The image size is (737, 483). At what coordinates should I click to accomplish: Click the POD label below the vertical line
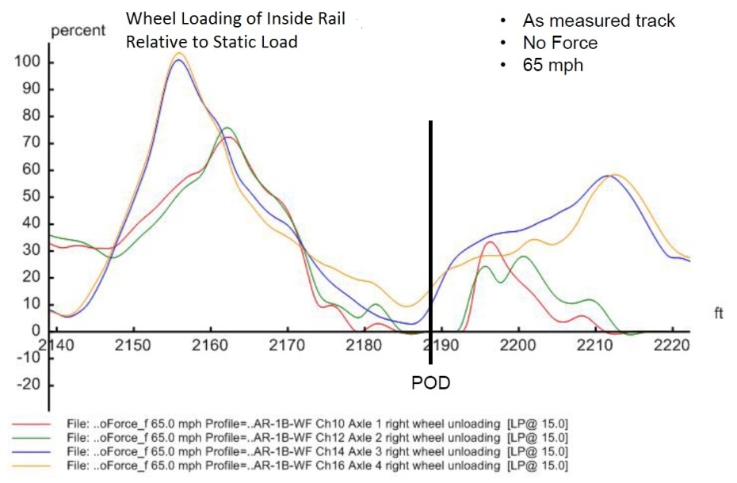pos(430,383)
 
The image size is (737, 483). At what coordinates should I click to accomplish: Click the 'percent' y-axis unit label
pos(78,32)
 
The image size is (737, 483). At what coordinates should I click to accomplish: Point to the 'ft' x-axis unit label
pos(719,314)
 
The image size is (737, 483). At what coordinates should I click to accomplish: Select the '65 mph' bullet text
pos(552,65)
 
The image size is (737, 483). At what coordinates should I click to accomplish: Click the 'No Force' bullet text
pos(559,43)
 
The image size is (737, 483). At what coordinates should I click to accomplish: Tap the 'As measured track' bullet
pos(598,21)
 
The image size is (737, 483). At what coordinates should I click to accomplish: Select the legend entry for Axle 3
pos(317,451)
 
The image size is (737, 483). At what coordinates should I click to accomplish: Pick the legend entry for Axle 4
pos(317,463)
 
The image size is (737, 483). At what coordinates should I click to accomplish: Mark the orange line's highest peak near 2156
pos(180,53)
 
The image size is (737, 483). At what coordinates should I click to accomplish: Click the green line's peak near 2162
pos(227,127)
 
